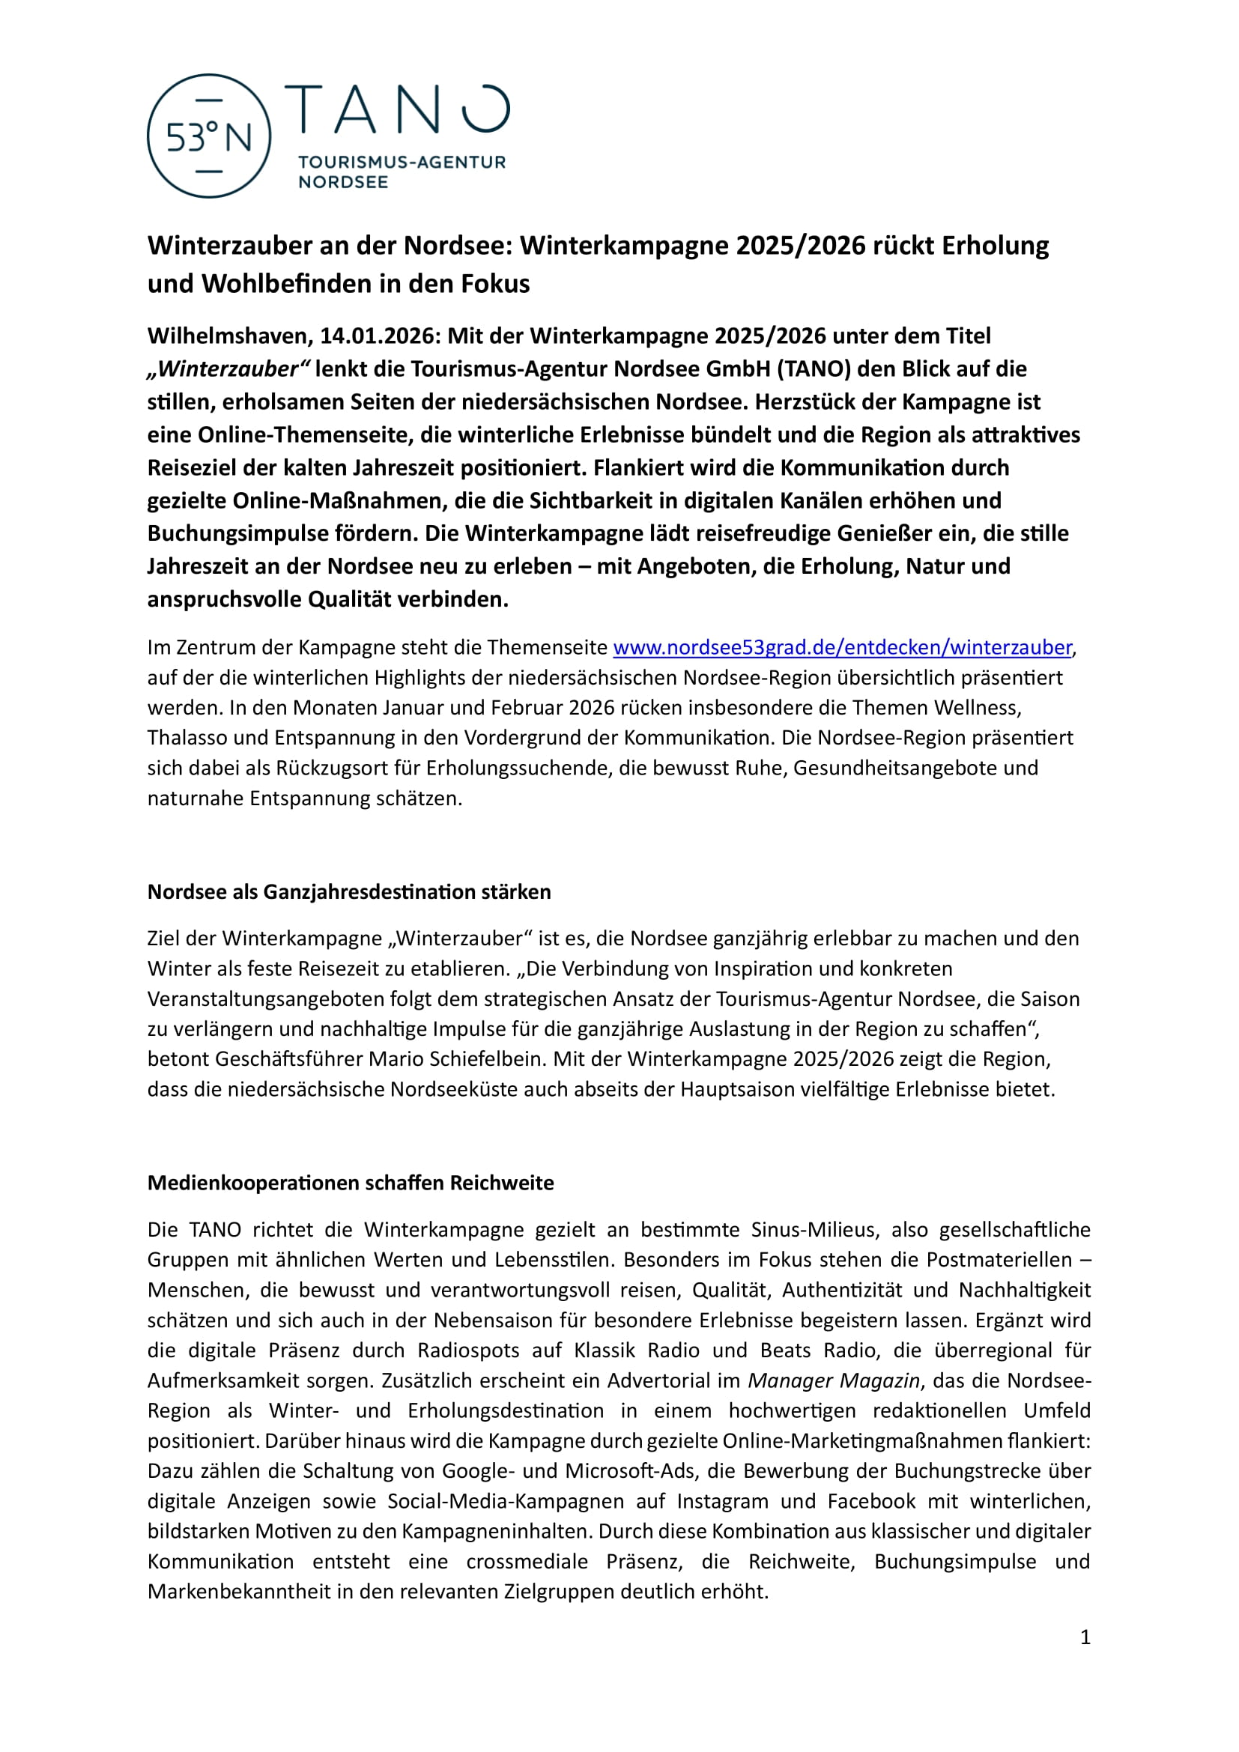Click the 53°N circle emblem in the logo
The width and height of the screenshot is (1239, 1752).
coord(208,136)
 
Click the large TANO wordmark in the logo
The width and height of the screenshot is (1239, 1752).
coord(397,109)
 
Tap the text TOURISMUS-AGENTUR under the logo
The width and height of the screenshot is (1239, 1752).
coord(402,162)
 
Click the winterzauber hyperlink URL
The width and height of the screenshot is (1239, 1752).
coord(842,647)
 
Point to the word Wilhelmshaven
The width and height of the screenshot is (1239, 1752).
coord(228,336)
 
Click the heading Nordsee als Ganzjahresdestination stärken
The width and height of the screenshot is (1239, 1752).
coord(348,891)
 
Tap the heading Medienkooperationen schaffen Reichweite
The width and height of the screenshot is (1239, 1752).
coord(350,1182)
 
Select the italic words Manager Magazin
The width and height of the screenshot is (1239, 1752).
coord(833,1380)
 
